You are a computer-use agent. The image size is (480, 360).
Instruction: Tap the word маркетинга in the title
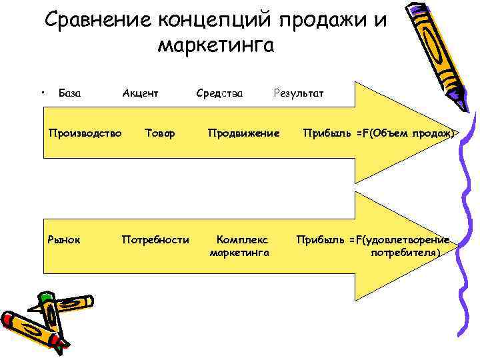[216, 45]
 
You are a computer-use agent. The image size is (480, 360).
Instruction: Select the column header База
[70, 93]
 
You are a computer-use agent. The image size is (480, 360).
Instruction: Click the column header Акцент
[140, 93]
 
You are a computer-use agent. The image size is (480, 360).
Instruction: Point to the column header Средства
[219, 93]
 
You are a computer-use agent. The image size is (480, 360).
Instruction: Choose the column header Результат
[299, 93]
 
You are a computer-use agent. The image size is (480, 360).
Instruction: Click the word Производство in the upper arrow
[85, 133]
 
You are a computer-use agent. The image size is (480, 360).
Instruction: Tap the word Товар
[160, 133]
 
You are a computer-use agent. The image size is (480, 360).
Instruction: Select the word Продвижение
[243, 133]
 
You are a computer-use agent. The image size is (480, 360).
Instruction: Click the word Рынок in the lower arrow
[64, 239]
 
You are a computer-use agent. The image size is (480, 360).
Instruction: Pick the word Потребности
[155, 239]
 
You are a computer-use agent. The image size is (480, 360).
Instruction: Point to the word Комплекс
[241, 239]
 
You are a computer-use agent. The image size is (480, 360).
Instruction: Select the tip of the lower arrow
[458, 245]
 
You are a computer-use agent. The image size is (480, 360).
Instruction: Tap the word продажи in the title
[318, 20]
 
